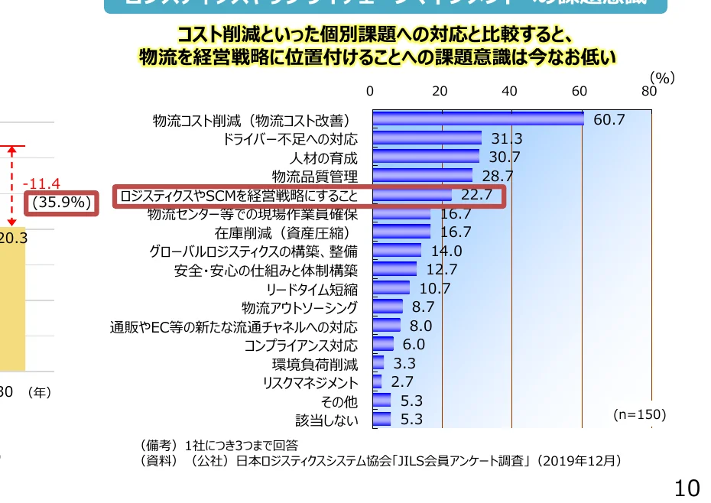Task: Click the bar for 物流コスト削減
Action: coord(478,119)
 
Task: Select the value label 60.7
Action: coord(609,120)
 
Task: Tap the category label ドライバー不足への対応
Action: coord(291,139)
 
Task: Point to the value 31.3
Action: coord(506,139)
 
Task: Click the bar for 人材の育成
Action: coord(426,157)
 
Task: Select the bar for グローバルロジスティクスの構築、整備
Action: coord(397,251)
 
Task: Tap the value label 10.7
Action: coord(435,289)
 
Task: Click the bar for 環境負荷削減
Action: coord(378,363)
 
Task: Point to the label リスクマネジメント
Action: coord(310,382)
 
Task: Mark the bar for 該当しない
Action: coord(381,419)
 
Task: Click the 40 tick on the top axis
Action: coord(509,91)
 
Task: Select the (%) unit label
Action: coord(662,77)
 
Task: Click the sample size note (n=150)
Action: coord(640,414)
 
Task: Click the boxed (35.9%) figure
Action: coord(62,203)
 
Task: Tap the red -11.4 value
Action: coord(41,184)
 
